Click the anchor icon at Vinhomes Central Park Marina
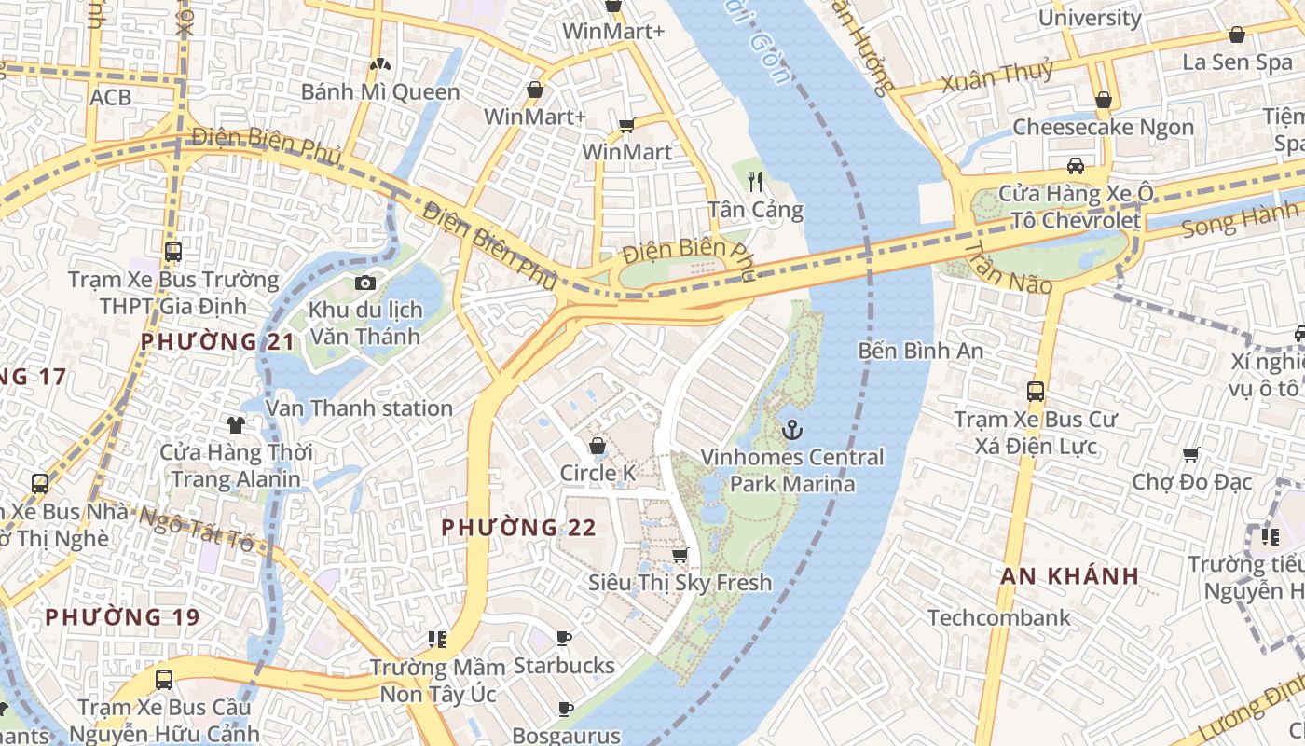[x=792, y=430]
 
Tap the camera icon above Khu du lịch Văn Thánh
[x=365, y=283]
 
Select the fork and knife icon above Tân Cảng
[x=755, y=182]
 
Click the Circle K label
[x=598, y=473]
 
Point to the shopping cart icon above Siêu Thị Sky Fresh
[x=680, y=556]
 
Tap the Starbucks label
[x=564, y=666]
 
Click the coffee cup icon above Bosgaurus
[x=565, y=709]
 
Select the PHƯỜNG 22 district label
[x=518, y=528]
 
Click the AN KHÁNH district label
[x=1070, y=575]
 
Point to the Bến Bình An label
[x=921, y=352]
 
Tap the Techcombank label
[x=998, y=617]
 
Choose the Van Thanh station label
[x=359, y=408]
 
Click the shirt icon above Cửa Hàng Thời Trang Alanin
[x=235, y=425]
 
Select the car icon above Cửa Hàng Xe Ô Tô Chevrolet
[x=1075, y=166]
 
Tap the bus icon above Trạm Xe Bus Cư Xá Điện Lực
[x=1035, y=392]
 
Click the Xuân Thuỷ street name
[x=997, y=76]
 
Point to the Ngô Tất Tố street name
[x=197, y=530]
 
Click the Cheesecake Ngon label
[x=1103, y=127]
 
